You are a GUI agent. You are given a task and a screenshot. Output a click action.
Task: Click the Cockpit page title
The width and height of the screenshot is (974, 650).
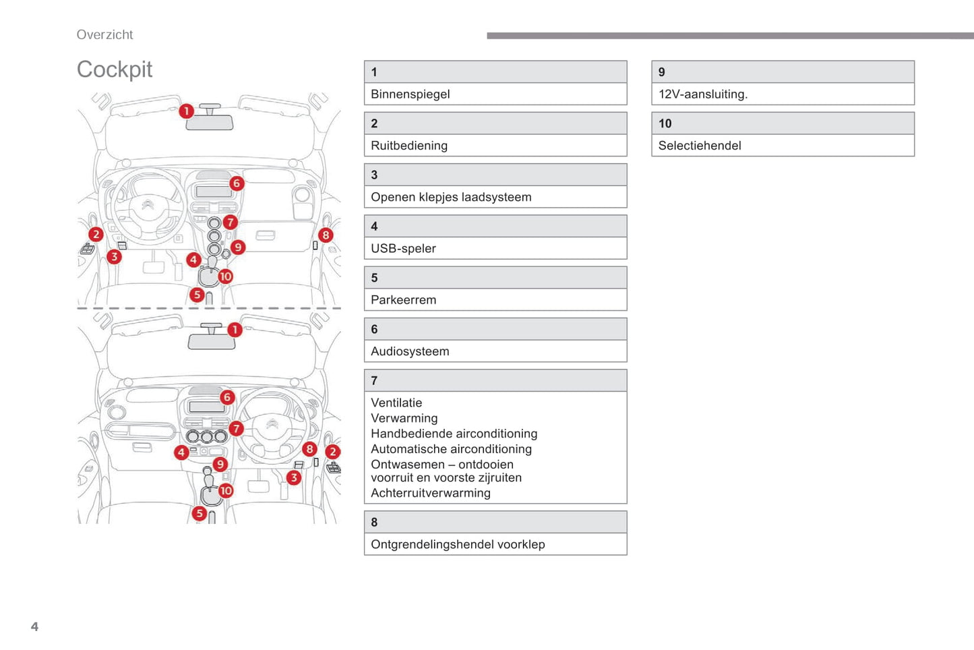115,69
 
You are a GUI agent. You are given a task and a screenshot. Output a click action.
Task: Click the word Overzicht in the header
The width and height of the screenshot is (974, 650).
104,35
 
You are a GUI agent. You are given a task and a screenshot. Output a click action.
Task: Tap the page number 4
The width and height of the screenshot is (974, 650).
34,626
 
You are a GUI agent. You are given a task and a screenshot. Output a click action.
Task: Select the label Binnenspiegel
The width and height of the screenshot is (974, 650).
410,94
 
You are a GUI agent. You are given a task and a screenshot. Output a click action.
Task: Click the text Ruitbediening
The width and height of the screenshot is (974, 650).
408,146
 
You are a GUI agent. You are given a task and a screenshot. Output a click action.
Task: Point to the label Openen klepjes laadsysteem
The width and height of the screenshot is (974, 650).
451,197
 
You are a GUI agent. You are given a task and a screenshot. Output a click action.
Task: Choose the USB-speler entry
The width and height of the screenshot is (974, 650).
403,249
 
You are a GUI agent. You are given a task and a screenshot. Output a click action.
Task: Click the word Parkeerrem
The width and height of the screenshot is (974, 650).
403,300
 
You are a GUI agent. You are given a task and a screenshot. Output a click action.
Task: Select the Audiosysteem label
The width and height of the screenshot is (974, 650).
410,351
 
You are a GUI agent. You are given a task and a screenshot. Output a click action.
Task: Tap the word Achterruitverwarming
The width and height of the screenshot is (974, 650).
430,493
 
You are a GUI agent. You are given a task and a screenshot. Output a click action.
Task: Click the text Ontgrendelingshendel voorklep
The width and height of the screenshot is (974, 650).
458,544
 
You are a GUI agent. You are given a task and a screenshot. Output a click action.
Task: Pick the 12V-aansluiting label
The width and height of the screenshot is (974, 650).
702,94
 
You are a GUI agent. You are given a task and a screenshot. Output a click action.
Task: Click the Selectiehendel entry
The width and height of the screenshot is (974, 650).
699,146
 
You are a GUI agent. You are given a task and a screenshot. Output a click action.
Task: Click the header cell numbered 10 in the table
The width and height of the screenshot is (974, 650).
782,123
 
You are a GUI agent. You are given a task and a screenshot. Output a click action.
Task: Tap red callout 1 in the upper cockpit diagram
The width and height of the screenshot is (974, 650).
187,111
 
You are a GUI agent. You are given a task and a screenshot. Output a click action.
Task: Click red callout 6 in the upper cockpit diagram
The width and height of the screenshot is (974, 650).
236,183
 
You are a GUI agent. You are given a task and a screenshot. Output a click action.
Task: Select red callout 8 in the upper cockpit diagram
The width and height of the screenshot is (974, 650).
326,235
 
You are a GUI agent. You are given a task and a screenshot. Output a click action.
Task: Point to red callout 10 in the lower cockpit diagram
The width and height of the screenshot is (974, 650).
226,491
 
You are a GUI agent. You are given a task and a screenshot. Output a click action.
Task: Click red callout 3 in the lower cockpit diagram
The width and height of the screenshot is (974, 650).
293,477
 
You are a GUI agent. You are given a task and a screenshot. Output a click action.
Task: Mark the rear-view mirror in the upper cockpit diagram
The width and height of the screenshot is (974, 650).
210,123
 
